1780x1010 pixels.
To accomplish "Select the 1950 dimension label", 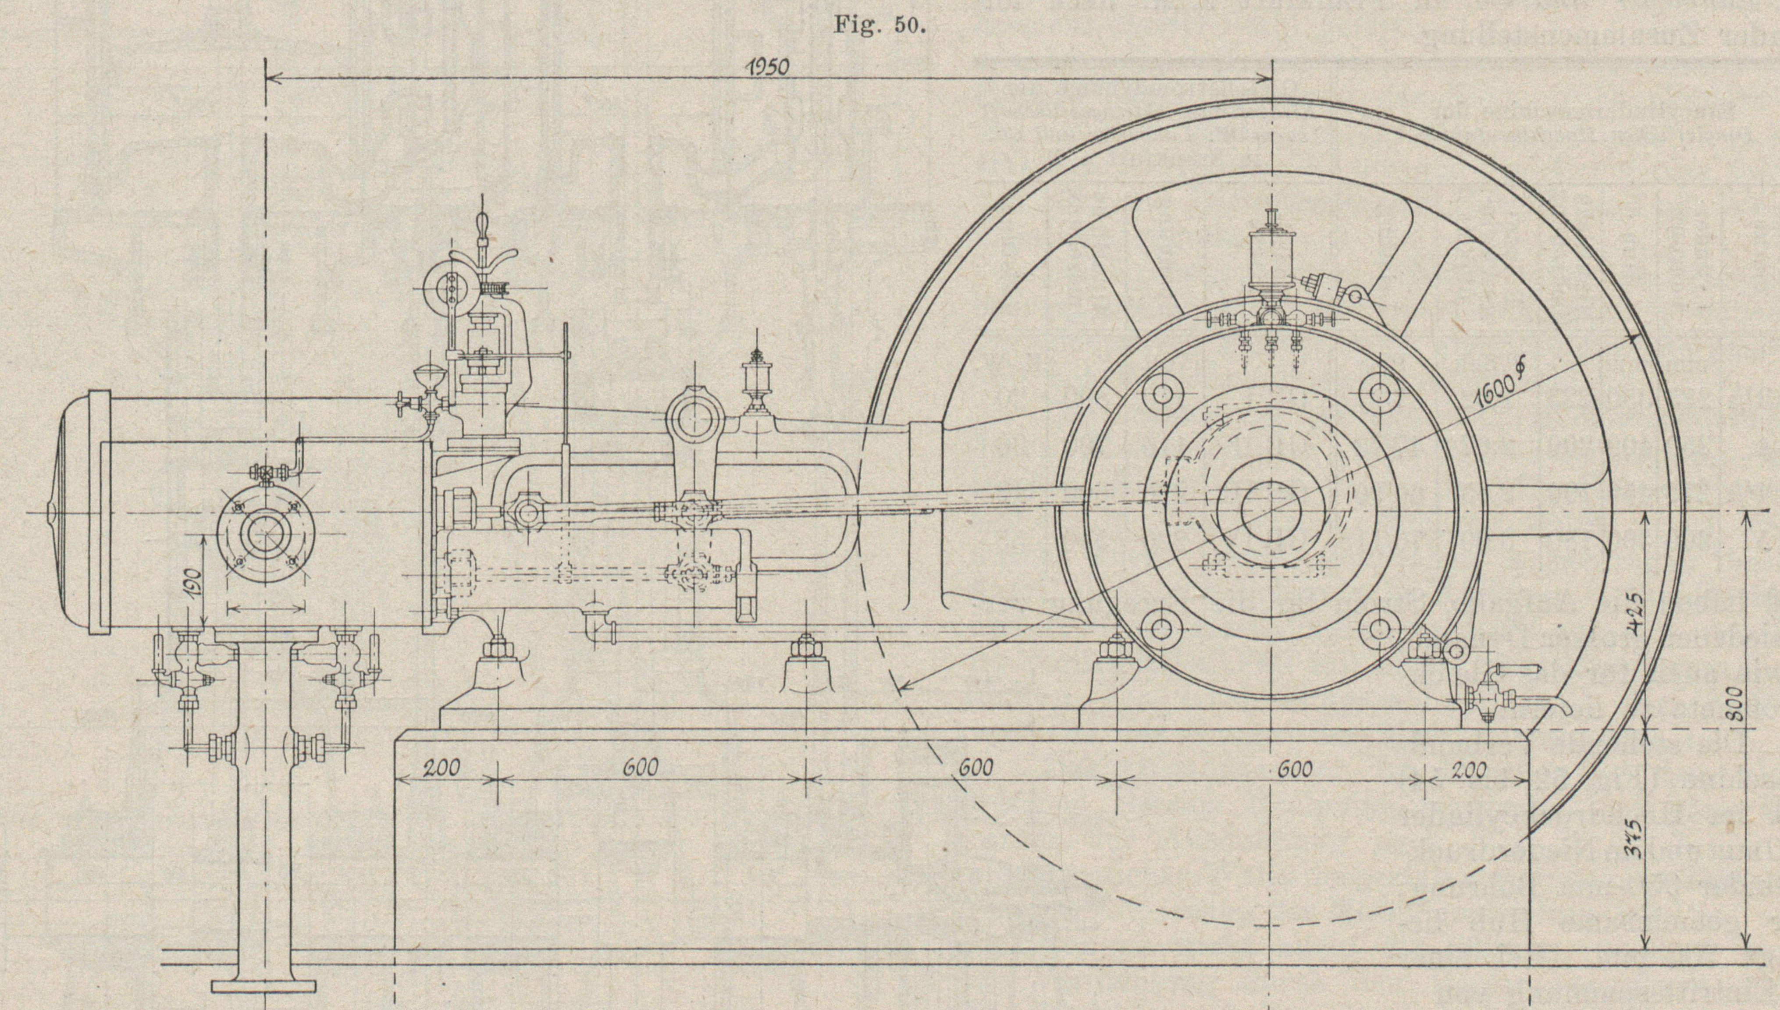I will (768, 67).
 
